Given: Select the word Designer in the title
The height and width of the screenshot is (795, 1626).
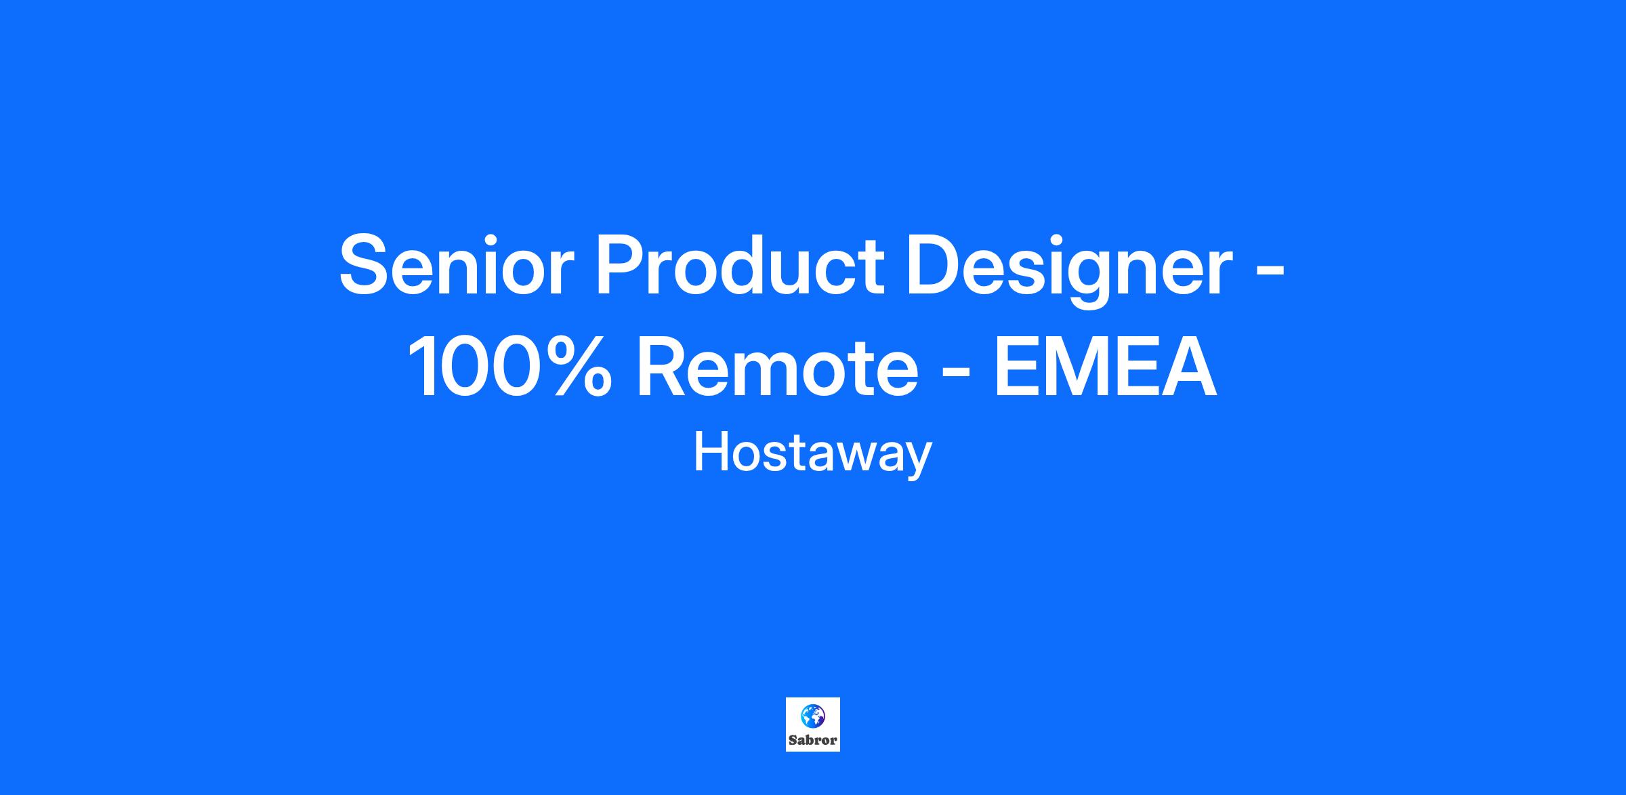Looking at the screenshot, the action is [1069, 269].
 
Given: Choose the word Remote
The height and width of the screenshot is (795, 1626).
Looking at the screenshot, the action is [777, 369].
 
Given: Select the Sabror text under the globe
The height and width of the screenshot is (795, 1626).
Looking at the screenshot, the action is [813, 740].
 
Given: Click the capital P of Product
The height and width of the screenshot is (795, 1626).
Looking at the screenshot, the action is [621, 264].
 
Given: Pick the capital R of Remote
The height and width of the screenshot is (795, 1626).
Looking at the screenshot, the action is [665, 367].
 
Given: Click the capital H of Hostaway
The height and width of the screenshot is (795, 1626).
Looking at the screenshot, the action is [711, 453].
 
